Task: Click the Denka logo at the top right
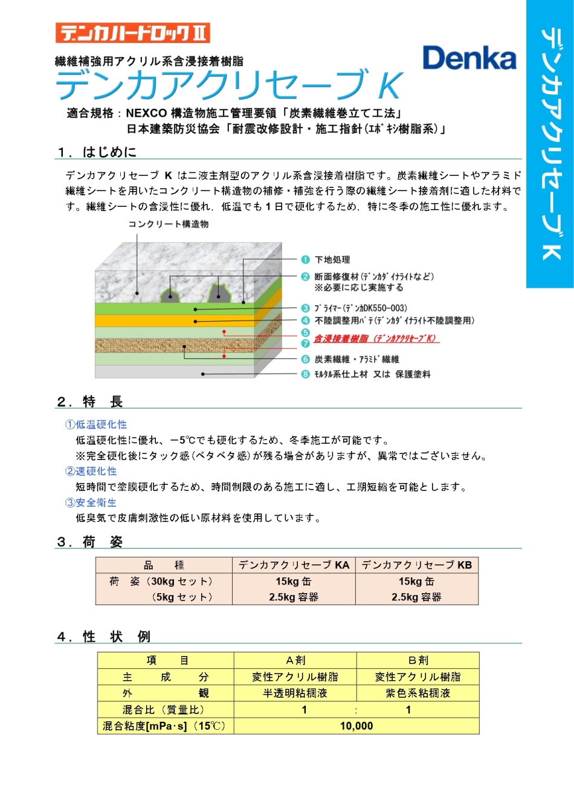(469, 59)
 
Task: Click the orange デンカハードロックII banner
(132, 33)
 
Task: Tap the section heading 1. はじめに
(97, 152)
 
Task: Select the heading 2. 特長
(90, 401)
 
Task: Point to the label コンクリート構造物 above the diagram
(168, 224)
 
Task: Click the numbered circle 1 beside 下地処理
(306, 259)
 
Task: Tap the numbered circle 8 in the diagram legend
(306, 374)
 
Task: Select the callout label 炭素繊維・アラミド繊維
(356, 359)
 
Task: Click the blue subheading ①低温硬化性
(96, 424)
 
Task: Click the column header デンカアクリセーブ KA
(294, 565)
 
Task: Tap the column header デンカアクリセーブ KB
(416, 565)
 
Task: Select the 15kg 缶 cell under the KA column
(294, 582)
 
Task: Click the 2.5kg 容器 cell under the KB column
(416, 597)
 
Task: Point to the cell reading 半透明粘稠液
(295, 693)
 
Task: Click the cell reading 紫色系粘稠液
(418, 693)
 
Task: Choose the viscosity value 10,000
(356, 726)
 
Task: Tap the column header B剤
(418, 660)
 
